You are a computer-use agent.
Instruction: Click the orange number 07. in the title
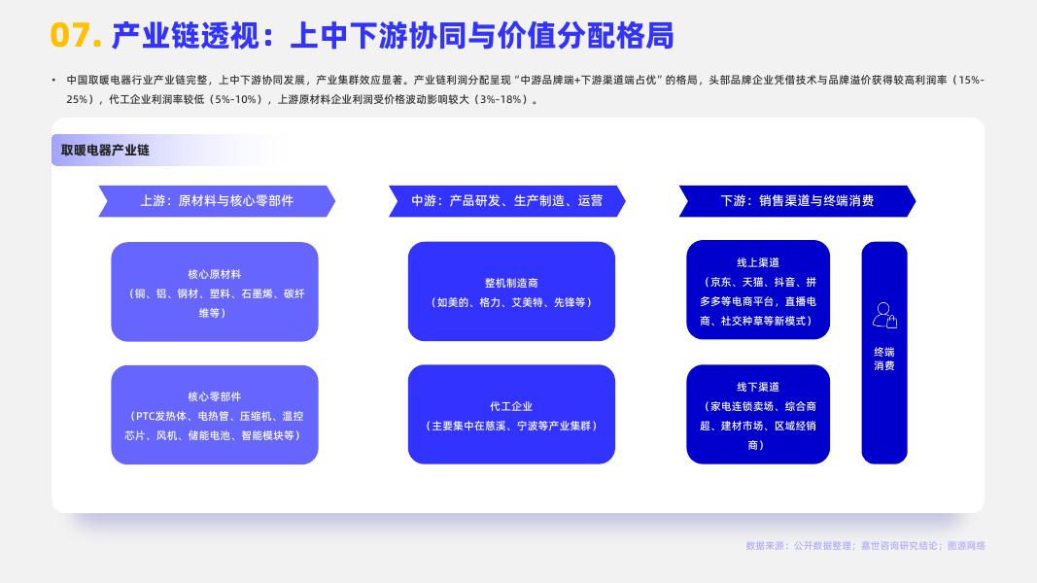pyautogui.click(x=75, y=36)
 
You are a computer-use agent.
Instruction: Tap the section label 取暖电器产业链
pyautogui.click(x=105, y=151)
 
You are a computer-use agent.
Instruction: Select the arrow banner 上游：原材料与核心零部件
pyautogui.click(x=216, y=201)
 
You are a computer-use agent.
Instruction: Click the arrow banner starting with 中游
pyautogui.click(x=506, y=201)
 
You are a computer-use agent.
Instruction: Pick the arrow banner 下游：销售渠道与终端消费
pyautogui.click(x=797, y=201)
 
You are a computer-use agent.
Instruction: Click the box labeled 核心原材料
pyautogui.click(x=215, y=291)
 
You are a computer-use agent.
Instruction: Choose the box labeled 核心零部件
pyautogui.click(x=215, y=415)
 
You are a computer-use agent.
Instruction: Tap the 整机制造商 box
pyautogui.click(x=511, y=291)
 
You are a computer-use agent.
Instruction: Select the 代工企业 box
pyautogui.click(x=511, y=415)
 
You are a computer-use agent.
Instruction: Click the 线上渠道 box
pyautogui.click(x=758, y=290)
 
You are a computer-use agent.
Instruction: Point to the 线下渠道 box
pyautogui.click(x=758, y=415)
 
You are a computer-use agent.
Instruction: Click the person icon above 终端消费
pyautogui.click(x=884, y=315)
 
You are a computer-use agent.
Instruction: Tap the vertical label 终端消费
pyautogui.click(x=884, y=359)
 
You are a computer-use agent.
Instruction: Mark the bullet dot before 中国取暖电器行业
pyautogui.click(x=53, y=79)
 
